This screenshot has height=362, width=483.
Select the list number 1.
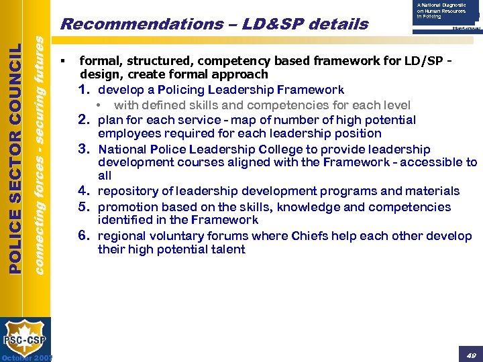[x=85, y=89]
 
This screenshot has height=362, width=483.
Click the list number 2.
[x=85, y=120]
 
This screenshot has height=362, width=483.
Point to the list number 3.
[x=85, y=149]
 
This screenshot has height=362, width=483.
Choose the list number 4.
[x=85, y=191]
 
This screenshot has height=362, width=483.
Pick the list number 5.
[x=85, y=206]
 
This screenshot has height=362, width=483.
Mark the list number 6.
[x=85, y=235]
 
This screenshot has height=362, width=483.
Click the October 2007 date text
[x=26, y=357]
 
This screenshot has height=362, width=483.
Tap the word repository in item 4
[x=128, y=191]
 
